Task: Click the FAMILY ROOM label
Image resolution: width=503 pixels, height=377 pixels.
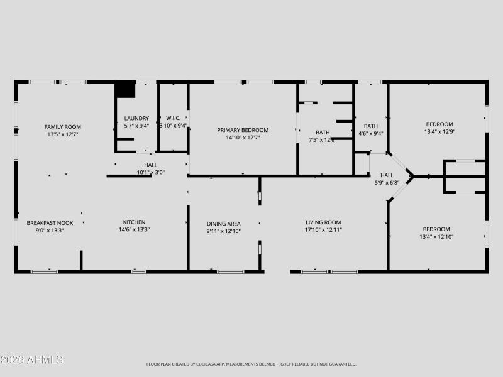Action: point(62,126)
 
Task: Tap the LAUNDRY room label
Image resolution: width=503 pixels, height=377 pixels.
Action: point(136,118)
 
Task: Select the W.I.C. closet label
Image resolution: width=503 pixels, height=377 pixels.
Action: point(173,118)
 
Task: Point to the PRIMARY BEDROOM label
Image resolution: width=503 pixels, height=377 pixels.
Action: point(243,130)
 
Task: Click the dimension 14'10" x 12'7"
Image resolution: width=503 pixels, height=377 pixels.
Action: point(243,138)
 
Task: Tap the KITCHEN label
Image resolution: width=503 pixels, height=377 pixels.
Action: point(134,222)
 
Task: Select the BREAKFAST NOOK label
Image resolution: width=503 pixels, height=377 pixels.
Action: point(50,222)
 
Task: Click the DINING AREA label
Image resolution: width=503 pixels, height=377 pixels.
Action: point(224,223)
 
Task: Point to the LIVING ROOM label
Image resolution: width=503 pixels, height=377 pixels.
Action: point(323,222)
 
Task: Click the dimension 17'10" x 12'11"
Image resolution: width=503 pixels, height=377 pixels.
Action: point(323,230)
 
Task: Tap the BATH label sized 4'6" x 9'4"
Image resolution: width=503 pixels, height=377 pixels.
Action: point(370,126)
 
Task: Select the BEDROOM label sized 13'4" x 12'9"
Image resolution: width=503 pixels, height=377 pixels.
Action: point(439,124)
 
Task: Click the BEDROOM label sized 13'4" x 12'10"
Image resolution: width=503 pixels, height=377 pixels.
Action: point(436,229)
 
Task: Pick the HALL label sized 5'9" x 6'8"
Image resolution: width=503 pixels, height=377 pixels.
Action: point(387,175)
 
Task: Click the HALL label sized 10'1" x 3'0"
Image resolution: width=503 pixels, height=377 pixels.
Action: point(151,165)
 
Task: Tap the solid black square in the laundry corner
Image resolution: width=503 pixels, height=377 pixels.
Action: point(125,89)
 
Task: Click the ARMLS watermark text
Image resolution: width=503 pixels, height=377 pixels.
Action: point(32,360)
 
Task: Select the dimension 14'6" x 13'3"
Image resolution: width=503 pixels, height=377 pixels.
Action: point(134,230)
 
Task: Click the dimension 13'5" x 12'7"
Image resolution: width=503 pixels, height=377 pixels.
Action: point(62,134)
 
